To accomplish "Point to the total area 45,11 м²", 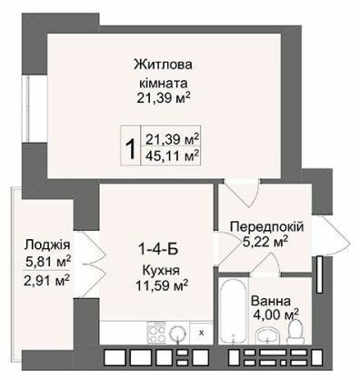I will pyautogui.click(x=173, y=154).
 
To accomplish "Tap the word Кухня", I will pyautogui.click(x=160, y=270).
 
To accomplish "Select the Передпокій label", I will pyautogui.click(x=266, y=225).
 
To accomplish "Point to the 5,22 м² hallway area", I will pyautogui.click(x=266, y=241).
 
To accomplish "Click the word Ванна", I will pyautogui.click(x=297, y=300).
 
